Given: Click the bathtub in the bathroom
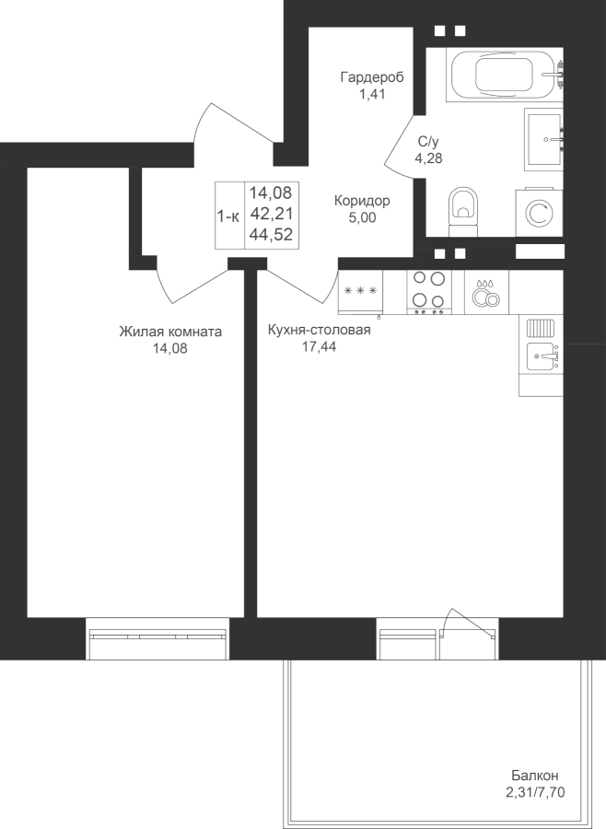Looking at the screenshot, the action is pos(504,75).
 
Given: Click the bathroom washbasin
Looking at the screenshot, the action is pos(543,140).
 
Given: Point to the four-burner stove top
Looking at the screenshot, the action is pos(429,292).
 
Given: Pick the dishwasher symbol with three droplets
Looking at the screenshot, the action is pos(486,292).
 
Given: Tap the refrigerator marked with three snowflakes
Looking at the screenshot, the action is pos(360,293).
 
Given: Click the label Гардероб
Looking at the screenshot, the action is pos(372,77).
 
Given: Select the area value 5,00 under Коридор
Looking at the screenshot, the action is pos(362,217).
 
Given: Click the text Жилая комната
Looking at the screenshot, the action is pos(170,332).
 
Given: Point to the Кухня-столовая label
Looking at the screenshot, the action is pos(319,330).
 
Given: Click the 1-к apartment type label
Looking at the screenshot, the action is pos(228,216).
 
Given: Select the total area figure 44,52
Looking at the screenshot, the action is pos(272,234).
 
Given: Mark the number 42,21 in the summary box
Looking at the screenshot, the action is pos(272,214).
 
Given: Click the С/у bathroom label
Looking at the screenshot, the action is pos(429,141).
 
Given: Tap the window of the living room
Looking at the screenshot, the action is pos(157,638).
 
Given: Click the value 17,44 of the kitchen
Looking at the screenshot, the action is pos(319,347).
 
